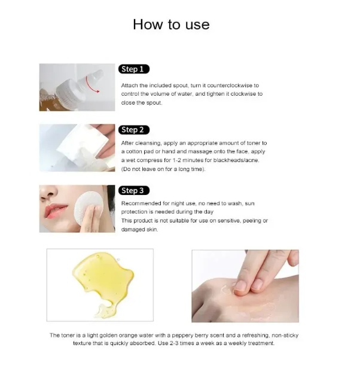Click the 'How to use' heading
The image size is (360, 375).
(x=171, y=25)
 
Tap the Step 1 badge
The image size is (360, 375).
(x=134, y=69)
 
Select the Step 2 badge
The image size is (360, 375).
(x=134, y=130)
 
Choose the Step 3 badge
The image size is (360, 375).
(x=134, y=191)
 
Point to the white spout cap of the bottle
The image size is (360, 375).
(x=96, y=75)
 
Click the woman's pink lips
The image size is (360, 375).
(x=55, y=211)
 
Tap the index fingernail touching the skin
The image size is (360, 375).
(x=240, y=286)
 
